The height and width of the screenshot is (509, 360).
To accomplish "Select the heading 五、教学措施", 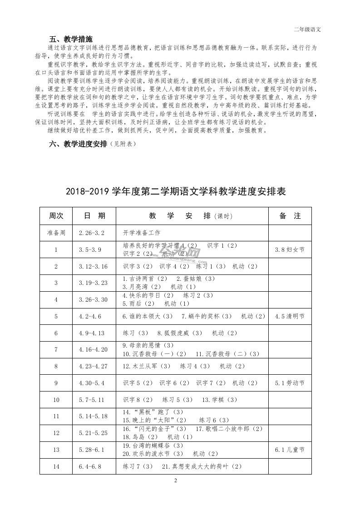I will coord(70,39).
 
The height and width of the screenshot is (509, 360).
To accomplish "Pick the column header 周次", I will coord(56,216).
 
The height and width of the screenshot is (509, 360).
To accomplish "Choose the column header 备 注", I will coord(290,216).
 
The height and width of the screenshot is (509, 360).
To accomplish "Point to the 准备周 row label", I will coord(56,233).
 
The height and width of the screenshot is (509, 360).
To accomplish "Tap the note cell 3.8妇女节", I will coord(290,250).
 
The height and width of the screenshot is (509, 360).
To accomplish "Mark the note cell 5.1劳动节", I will coord(290,383).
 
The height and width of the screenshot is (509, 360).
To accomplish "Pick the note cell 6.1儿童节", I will coord(290,450).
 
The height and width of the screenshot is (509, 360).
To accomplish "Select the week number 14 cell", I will coord(56,466).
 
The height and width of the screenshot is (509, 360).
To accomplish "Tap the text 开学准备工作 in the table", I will coord(142,233).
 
